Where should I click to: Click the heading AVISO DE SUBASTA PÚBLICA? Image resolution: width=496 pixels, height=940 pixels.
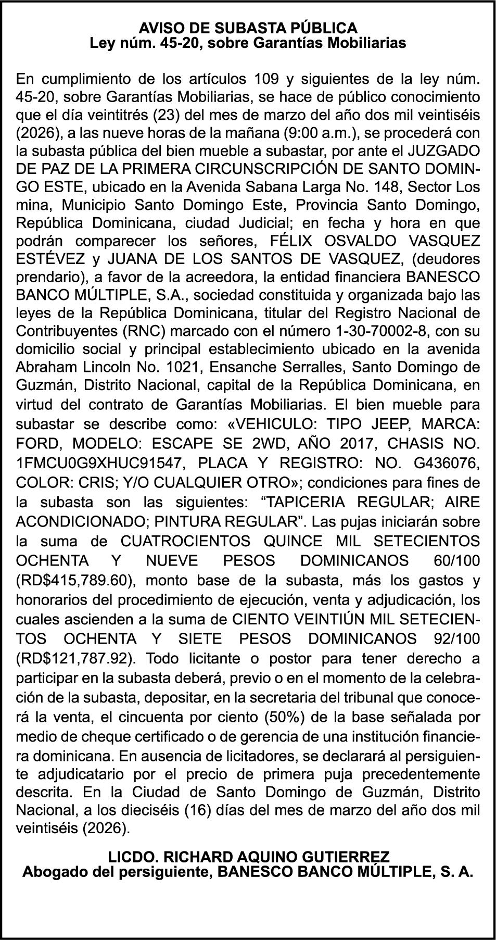pyautogui.click(x=248, y=28)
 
